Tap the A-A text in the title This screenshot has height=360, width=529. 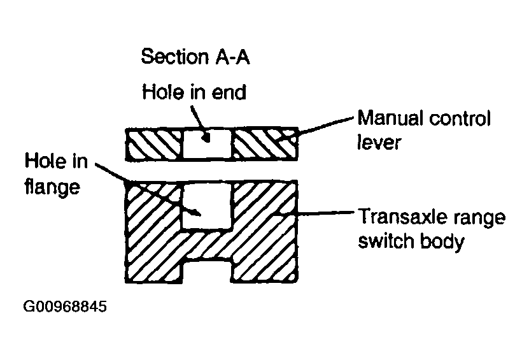(x=229, y=57)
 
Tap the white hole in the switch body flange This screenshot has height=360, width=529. (x=208, y=207)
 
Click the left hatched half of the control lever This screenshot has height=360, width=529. (x=155, y=145)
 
